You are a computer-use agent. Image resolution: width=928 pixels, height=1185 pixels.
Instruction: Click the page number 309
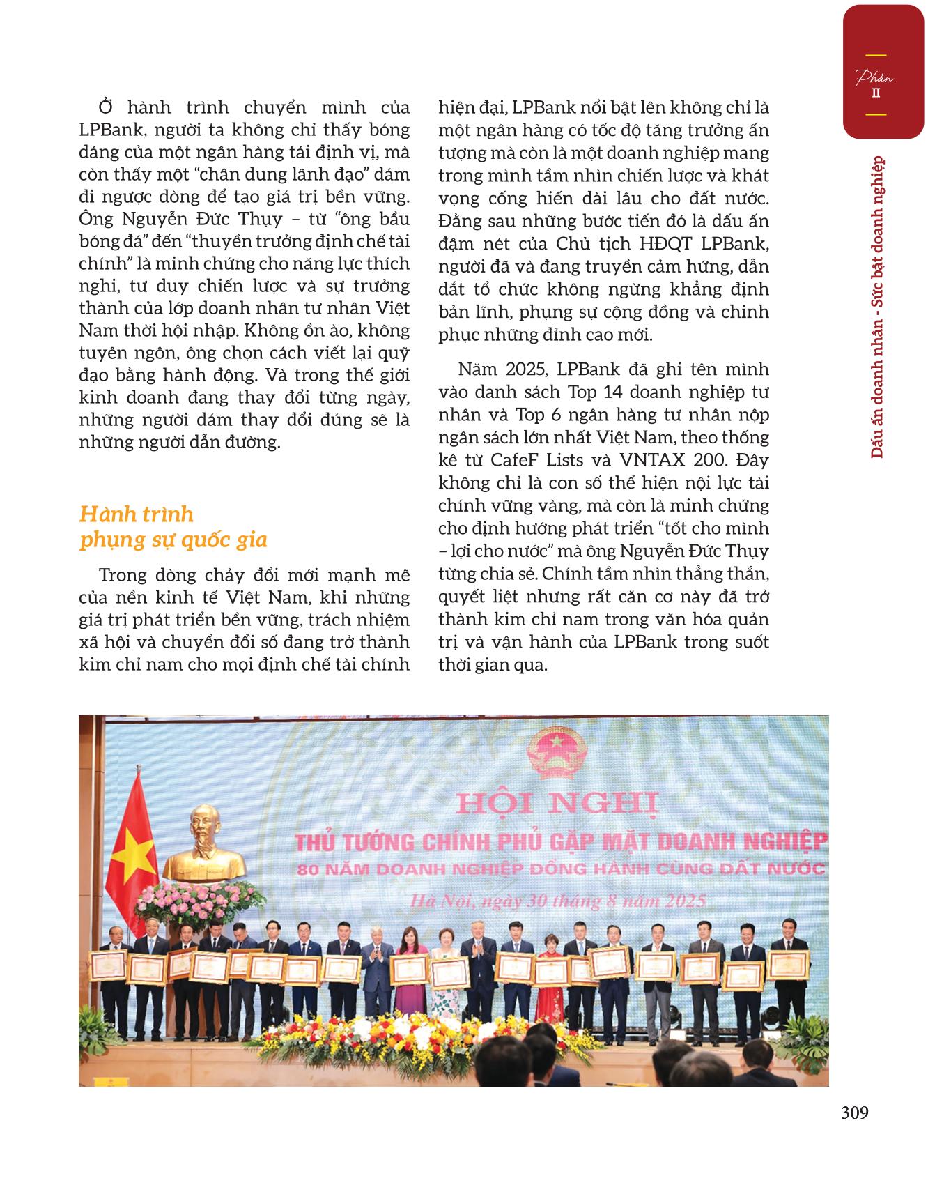854,1113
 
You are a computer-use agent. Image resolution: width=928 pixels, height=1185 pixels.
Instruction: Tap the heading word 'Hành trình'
137,514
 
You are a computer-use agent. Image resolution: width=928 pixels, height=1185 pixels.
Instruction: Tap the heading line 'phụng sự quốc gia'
173,540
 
